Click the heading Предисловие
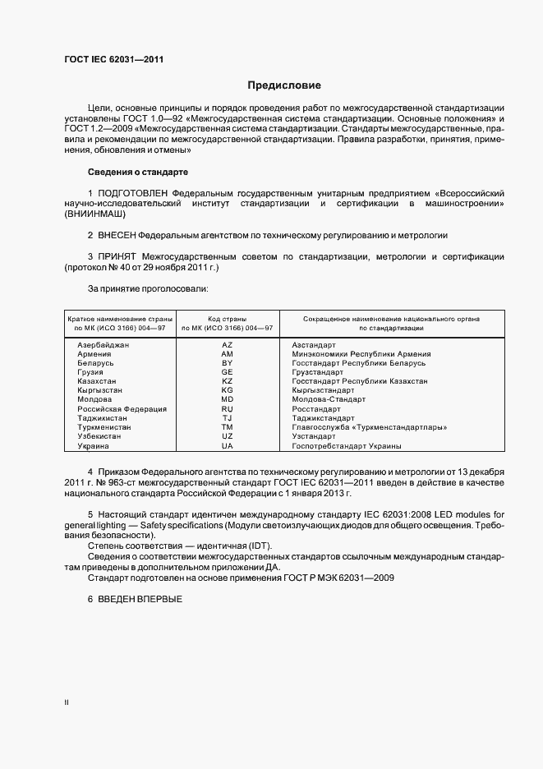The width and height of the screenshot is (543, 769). click(284, 85)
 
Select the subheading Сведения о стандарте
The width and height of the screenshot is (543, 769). click(137, 172)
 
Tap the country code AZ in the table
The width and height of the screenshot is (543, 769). click(228, 345)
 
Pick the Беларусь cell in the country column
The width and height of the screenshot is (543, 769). click(95, 363)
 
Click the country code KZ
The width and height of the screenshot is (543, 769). click(228, 381)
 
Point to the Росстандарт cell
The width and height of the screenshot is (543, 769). click(315, 408)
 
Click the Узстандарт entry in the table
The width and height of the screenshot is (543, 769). click(315, 436)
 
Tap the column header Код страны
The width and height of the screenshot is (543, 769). click(228, 318)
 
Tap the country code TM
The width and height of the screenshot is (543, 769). click(228, 427)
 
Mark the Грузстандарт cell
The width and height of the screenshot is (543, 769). click(317, 372)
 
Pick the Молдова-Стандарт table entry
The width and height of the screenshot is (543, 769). click(329, 399)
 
